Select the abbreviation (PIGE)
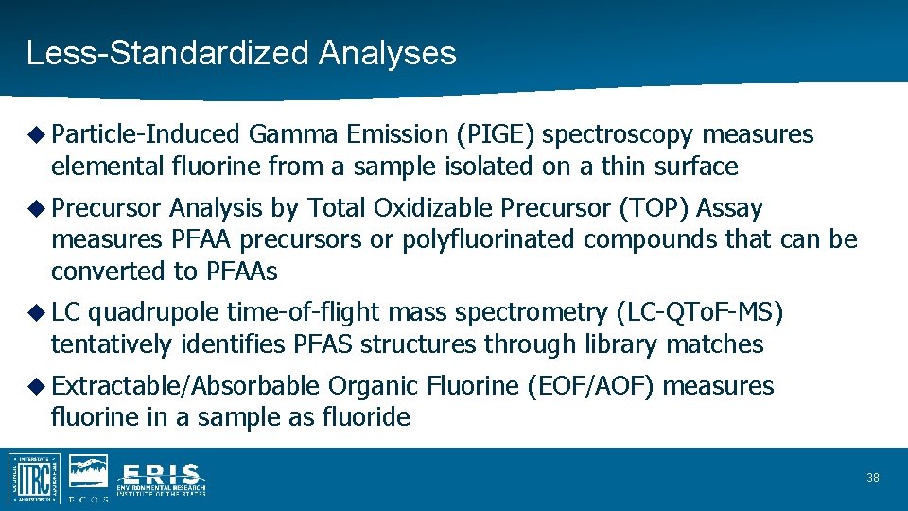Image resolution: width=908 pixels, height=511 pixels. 497,135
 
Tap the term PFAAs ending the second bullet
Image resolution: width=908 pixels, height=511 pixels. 240,272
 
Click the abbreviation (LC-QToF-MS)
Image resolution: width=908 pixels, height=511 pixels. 700,312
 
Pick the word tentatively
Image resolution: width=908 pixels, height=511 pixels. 112,344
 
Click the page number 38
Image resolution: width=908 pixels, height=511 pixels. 872,478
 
